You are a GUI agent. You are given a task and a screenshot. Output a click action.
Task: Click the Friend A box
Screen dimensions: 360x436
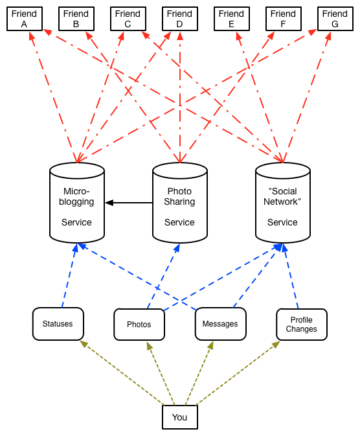click(x=25, y=19)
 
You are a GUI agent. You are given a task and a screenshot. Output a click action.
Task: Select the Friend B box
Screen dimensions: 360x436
click(x=76, y=19)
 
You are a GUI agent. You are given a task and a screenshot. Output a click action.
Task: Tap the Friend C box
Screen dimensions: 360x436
click(x=128, y=19)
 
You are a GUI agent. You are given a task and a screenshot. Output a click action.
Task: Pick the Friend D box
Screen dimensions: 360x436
click(x=180, y=19)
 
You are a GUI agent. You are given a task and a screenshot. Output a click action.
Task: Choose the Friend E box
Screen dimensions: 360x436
click(x=232, y=19)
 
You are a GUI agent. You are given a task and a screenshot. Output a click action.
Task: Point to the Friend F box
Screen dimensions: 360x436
click(x=284, y=19)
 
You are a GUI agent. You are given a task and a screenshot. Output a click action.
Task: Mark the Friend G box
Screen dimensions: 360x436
click(x=335, y=19)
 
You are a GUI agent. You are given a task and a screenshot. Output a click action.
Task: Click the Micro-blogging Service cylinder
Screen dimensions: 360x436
click(x=77, y=203)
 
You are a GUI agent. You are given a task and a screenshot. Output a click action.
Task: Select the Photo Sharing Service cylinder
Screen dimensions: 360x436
click(x=180, y=203)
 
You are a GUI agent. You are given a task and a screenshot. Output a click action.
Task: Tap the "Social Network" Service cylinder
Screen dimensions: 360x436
click(x=283, y=203)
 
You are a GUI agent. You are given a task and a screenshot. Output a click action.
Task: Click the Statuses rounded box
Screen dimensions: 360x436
click(x=58, y=324)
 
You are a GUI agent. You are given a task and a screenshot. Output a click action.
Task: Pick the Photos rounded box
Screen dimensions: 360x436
click(x=139, y=324)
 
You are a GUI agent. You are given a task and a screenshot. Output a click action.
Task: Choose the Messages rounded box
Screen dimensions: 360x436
click(x=220, y=324)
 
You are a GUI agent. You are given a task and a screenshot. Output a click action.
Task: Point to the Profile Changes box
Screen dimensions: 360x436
click(x=302, y=324)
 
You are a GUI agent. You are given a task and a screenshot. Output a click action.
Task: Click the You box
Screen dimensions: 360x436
click(x=180, y=417)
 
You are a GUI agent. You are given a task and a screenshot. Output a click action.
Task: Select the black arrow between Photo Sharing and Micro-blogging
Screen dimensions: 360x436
click(x=129, y=203)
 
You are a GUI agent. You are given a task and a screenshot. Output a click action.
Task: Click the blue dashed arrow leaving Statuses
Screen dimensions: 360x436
click(x=69, y=276)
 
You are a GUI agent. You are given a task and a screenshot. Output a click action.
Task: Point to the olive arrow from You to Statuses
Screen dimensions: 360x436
click(x=122, y=373)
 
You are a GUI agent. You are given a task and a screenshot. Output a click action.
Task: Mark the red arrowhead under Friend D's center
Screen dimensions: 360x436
click(x=180, y=36)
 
